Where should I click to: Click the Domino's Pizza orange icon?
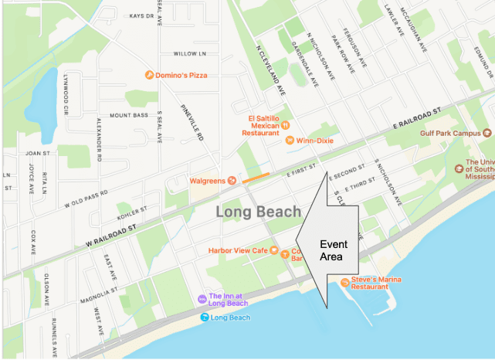click(x=149, y=75)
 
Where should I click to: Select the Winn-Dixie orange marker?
click(x=290, y=140)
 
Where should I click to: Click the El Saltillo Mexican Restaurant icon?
click(x=285, y=124)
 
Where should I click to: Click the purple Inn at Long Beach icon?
click(x=202, y=298)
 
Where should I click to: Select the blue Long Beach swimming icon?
click(x=204, y=318)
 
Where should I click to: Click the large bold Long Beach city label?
click(x=254, y=212)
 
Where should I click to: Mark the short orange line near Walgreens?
click(x=256, y=178)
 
